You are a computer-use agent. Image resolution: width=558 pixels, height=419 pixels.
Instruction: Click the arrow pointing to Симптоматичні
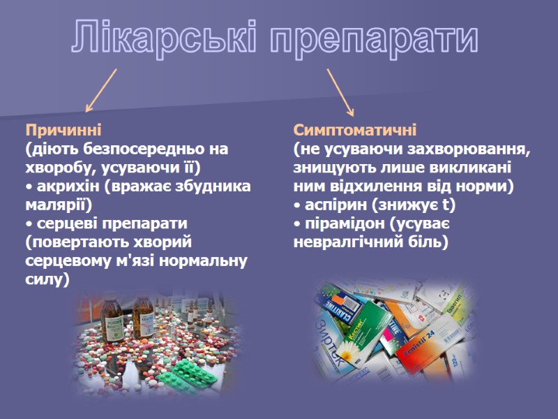[x=340, y=91]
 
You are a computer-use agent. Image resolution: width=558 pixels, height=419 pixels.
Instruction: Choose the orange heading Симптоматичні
[x=355, y=130]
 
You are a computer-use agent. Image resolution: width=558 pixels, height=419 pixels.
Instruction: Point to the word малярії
[x=54, y=205]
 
